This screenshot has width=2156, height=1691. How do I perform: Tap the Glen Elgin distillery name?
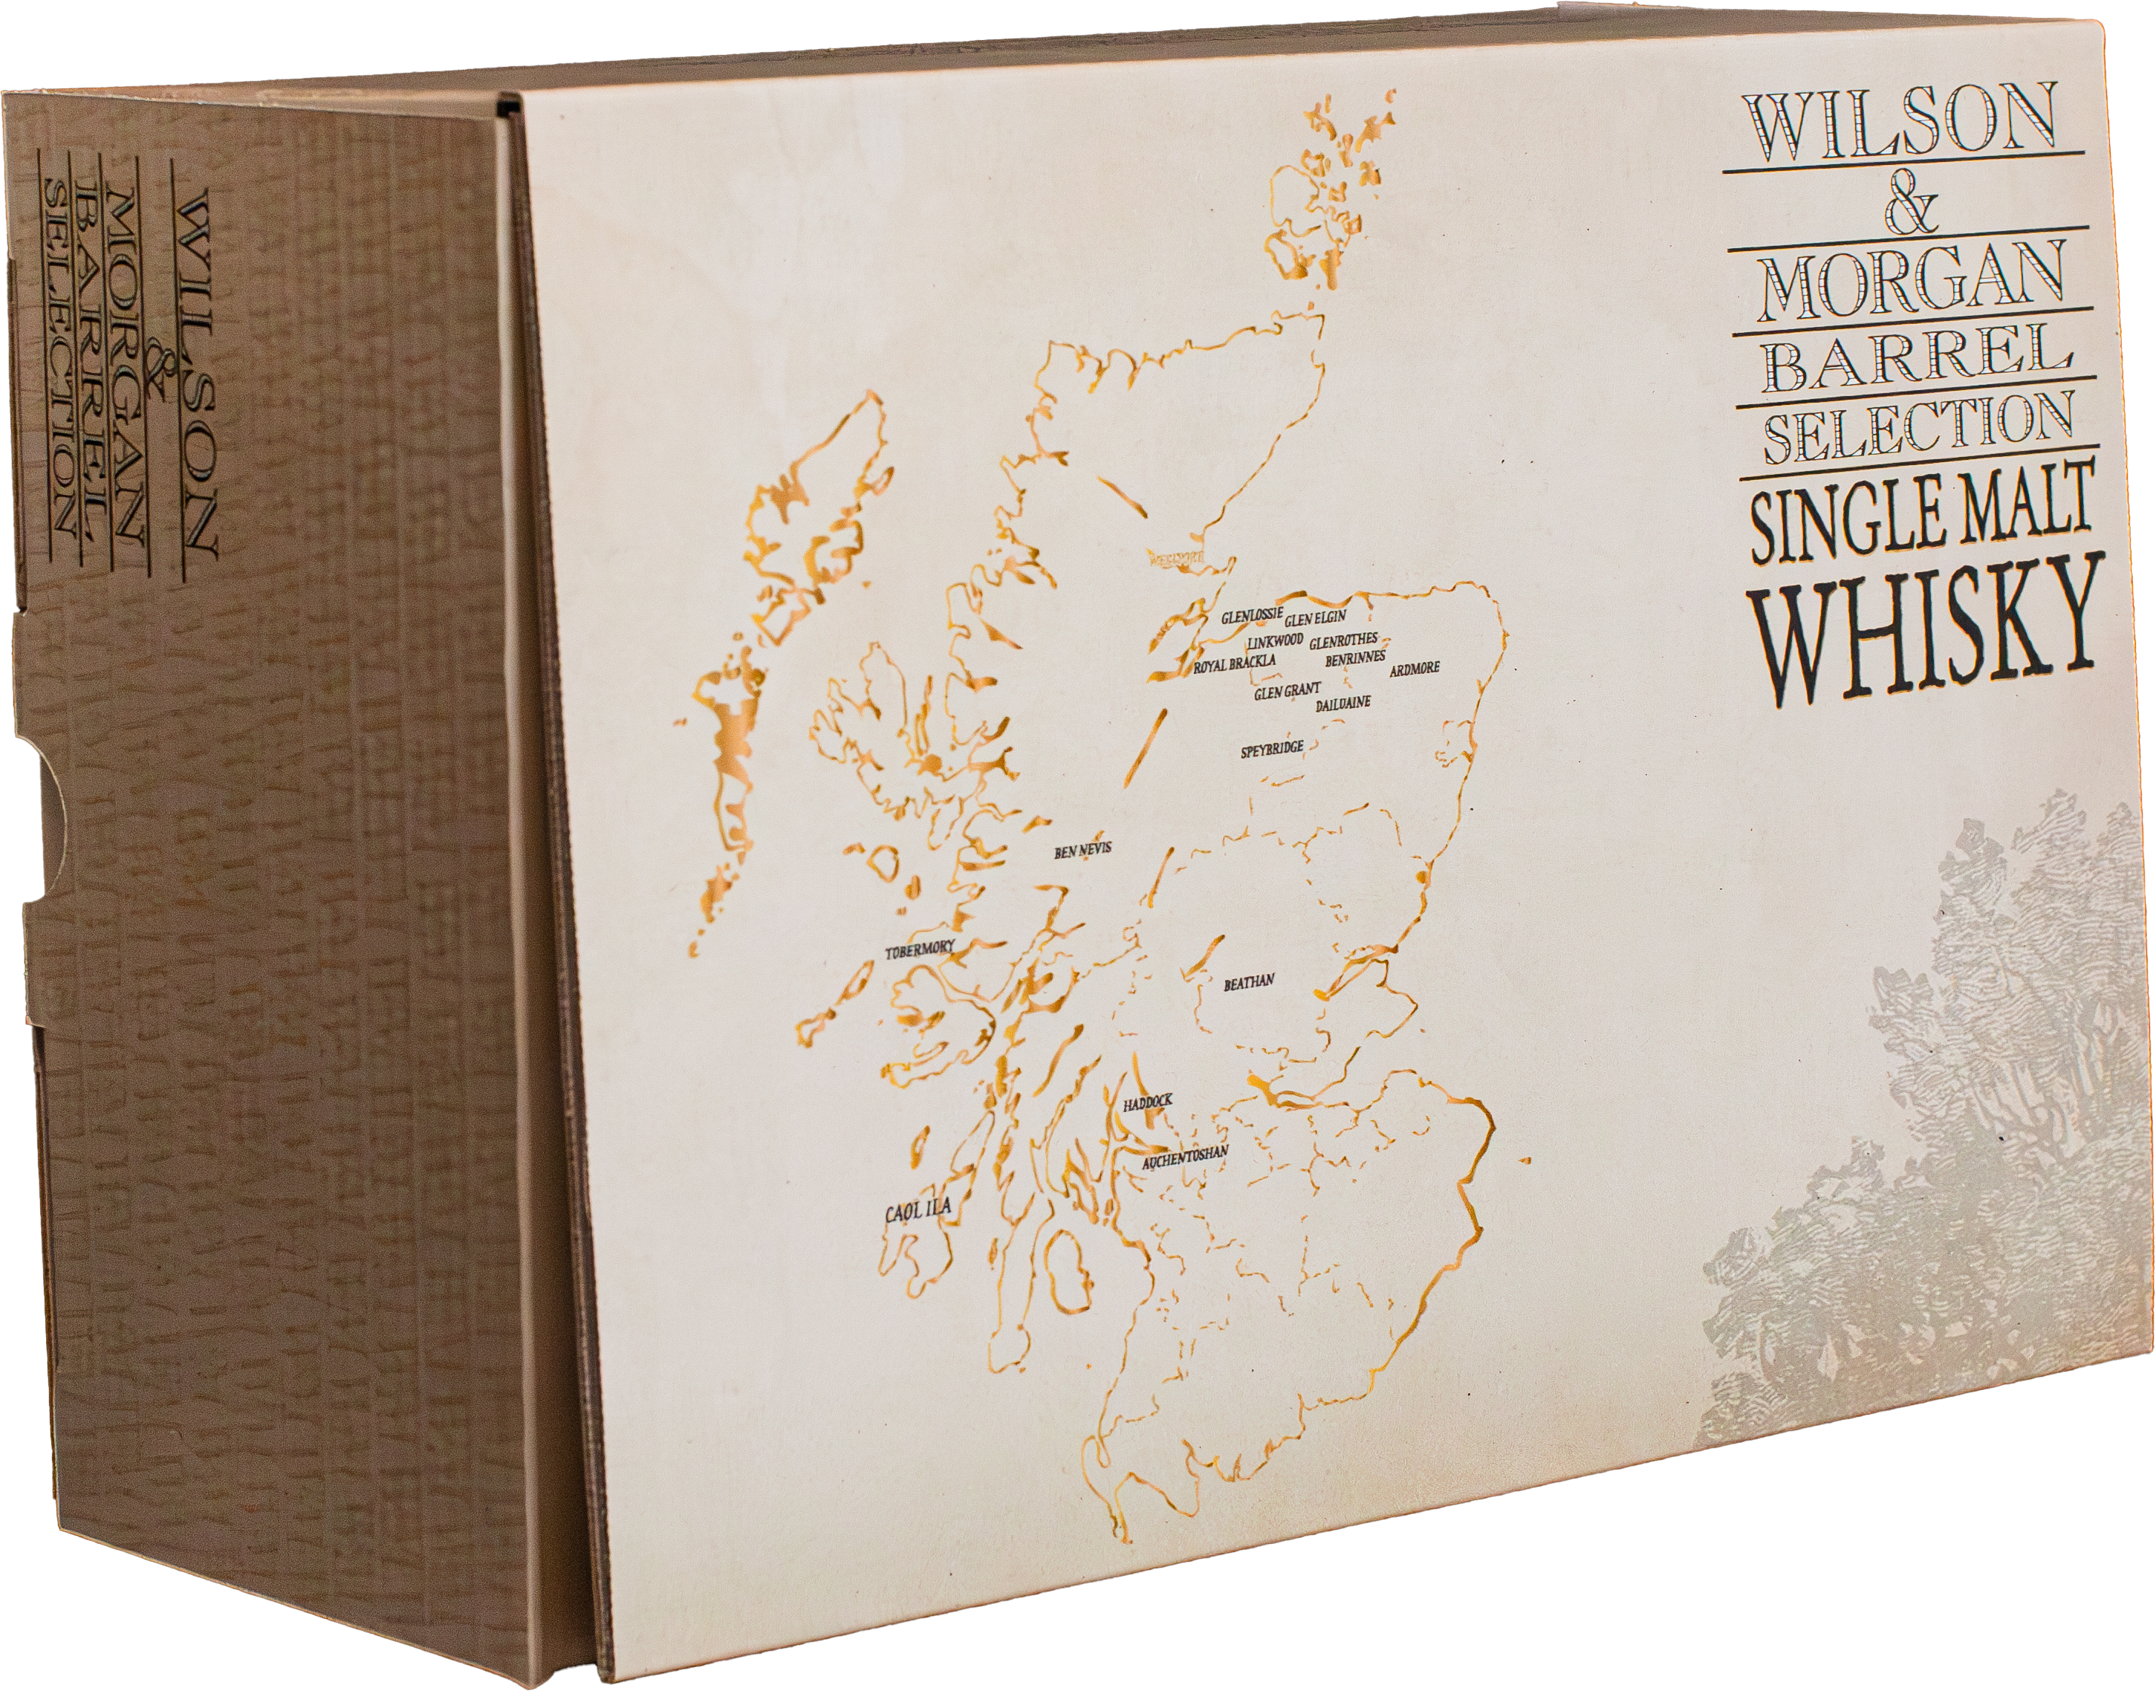(1316, 620)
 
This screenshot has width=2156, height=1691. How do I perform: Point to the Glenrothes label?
(1343, 640)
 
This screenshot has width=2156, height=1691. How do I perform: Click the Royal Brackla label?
(1235, 664)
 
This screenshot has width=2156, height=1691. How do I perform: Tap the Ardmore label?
(1415, 670)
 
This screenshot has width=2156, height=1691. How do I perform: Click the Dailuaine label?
(1343, 705)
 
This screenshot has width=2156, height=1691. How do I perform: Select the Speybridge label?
(1272, 750)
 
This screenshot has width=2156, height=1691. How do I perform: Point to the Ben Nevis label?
(1083, 849)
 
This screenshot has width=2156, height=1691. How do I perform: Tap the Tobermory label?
(920, 950)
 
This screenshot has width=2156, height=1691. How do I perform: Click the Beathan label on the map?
(1250, 983)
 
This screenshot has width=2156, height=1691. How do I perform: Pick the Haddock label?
(1147, 1102)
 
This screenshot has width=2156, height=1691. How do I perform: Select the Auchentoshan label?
(1185, 1158)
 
